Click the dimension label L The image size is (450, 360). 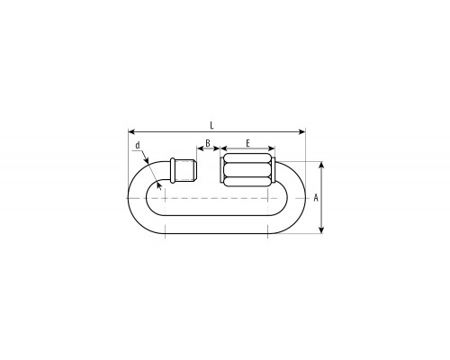(211, 125)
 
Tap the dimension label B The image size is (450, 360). (208, 143)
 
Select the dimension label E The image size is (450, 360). (247, 143)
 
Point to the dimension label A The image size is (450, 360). (316, 198)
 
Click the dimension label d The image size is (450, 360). (138, 146)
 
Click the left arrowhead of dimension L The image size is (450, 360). (131, 131)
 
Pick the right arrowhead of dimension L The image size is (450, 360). (302, 131)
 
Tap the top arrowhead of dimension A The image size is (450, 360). (321, 165)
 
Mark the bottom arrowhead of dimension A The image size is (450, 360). (321, 229)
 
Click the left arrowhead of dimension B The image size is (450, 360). (200, 148)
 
